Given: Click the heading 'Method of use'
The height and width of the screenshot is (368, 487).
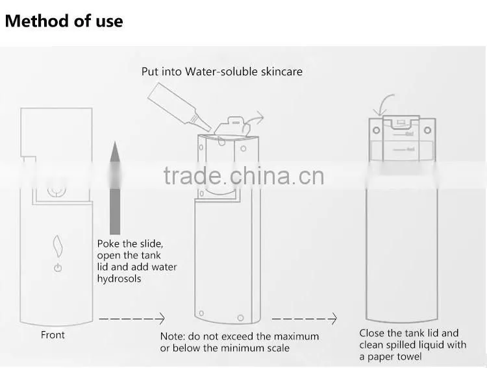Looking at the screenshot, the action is point(64,21).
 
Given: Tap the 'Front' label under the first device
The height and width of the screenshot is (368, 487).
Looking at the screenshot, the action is point(53,335).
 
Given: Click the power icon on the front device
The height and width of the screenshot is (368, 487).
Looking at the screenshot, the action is point(58,267).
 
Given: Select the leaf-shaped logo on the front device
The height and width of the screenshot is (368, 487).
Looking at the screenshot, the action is point(58,246).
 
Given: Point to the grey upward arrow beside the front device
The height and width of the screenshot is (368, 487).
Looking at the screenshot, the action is point(115,188).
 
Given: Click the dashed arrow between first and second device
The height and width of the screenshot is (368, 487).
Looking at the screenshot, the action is point(132,319).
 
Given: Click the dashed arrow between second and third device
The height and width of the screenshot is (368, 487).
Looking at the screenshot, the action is point(305,319).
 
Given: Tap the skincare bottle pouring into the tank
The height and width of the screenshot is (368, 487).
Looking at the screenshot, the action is point(179,107).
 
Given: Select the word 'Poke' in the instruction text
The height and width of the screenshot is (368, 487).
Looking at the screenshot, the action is point(107,244).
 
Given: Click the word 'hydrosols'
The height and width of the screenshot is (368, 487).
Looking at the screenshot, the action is point(119,278).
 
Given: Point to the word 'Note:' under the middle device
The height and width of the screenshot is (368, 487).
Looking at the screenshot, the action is point(172,336).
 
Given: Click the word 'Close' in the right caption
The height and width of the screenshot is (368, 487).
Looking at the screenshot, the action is point(371,333).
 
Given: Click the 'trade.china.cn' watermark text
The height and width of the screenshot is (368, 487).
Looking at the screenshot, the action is point(243,176).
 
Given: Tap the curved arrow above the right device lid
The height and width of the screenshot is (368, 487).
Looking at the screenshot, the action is point(383,104).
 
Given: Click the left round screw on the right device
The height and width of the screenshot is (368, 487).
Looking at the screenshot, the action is point(377,130).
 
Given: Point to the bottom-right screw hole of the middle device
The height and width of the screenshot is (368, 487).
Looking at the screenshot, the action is point(240,317).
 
